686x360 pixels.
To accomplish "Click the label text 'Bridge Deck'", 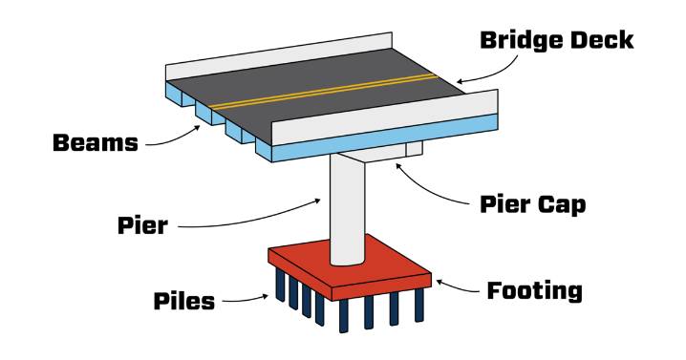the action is click(556, 40).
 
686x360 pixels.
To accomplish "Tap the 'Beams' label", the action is click(96, 143).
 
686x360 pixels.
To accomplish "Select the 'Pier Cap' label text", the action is click(532, 204).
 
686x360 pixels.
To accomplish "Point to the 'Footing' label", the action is click(535, 291).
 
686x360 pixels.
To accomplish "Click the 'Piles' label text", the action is click(184, 301).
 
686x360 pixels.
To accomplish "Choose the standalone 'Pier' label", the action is click(142, 225).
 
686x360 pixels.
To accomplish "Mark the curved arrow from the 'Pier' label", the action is click(249, 221).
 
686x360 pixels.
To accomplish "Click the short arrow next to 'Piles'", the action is click(245, 300).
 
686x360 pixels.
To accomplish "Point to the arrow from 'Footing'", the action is click(458, 287).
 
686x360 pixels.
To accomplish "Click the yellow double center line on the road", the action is click(324, 91).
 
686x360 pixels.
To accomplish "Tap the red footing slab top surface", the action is click(350, 263).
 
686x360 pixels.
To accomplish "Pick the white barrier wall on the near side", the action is click(385, 117).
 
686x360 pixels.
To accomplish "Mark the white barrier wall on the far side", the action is click(279, 56).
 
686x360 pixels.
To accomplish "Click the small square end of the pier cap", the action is click(414, 149).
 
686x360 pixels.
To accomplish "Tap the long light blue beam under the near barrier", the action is click(385, 138).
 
